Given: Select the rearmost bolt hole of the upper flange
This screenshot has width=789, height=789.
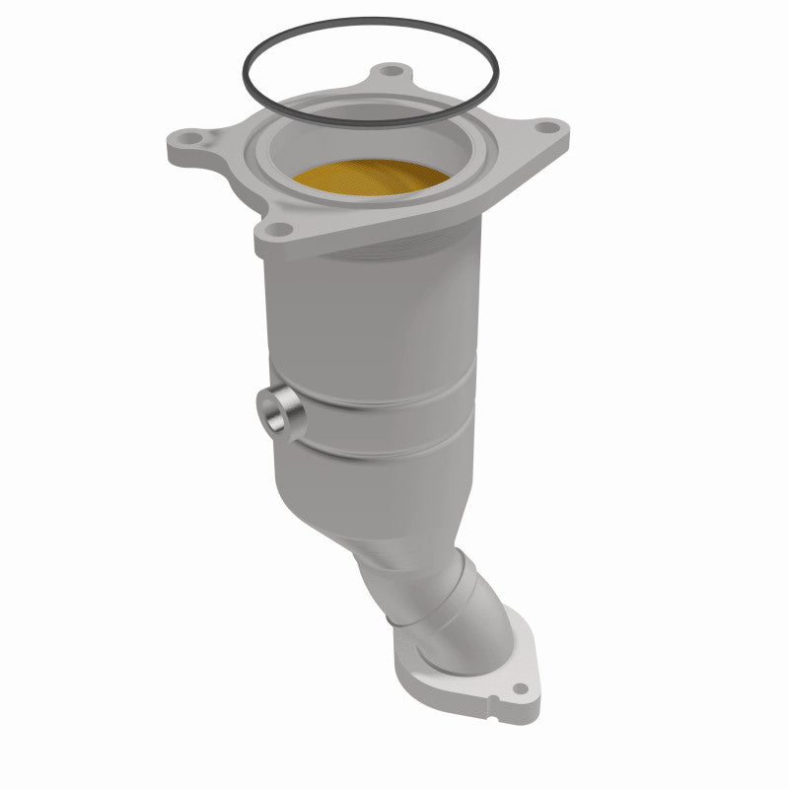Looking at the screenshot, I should point(394,73).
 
